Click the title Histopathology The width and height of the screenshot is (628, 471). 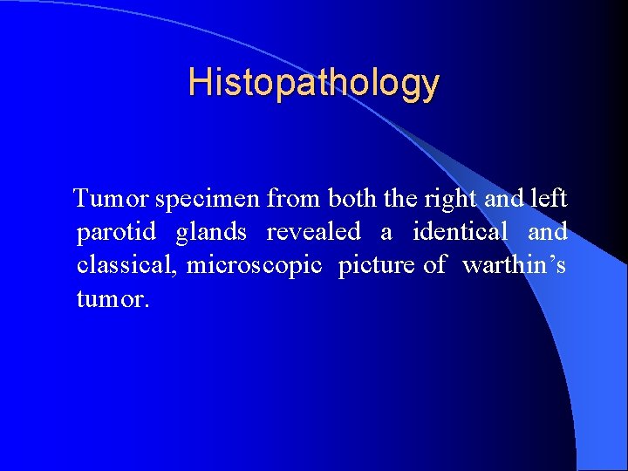[x=314, y=83]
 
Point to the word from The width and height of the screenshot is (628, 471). [x=294, y=199]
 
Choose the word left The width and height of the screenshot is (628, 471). [x=549, y=199]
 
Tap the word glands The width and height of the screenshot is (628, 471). [x=211, y=233]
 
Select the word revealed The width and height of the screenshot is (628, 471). [x=313, y=233]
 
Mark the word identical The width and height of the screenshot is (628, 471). [x=459, y=233]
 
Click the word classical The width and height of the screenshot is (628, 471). [x=126, y=265]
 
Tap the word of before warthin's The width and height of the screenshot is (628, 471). [x=434, y=265]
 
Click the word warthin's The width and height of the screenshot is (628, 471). [x=514, y=265]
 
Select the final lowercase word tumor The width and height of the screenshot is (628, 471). [x=112, y=299]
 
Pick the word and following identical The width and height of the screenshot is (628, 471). [x=547, y=233]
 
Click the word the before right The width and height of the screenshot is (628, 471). [x=400, y=199]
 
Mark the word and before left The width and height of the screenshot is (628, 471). [x=503, y=199]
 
